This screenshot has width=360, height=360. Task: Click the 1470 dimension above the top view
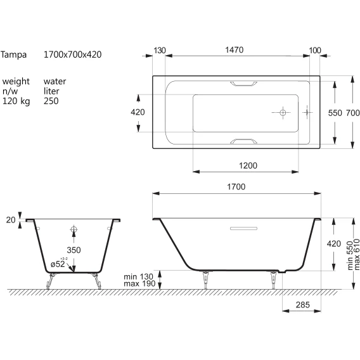234,50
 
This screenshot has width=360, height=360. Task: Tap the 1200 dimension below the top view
248,165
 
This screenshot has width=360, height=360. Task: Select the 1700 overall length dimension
236,187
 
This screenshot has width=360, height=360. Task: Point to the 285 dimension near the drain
302,305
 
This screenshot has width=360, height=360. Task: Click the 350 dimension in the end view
74,250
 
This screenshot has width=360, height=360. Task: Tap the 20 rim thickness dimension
11,220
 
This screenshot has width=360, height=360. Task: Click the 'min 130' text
138,276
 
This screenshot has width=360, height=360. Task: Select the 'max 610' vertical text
357,254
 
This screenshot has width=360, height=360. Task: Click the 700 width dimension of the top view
352,113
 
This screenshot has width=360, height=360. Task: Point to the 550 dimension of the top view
335,113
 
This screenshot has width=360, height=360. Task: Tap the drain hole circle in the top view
283,113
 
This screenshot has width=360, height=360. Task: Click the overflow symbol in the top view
307,113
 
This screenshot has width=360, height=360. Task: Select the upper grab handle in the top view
243,84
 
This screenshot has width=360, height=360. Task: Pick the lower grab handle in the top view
243,141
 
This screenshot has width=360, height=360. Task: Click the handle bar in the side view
243,228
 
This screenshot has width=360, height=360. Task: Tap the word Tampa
13,55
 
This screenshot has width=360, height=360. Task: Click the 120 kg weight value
16,101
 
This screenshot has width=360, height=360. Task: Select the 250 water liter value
51,101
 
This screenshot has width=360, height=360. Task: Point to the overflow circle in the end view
74,229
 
